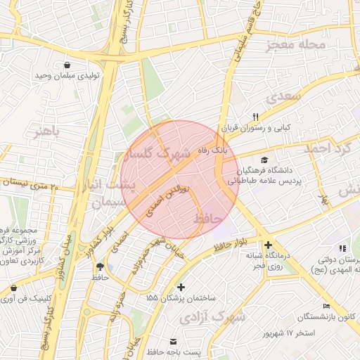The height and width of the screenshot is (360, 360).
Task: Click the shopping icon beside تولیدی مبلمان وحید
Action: pos(67,65)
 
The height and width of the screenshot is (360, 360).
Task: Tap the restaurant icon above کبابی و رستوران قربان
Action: pos(256,117)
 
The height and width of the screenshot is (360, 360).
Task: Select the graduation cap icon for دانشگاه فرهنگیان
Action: pos(264,160)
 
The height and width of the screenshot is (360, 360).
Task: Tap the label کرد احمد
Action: pos(326,148)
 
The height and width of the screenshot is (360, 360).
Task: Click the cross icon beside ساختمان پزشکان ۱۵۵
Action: pos(182,287)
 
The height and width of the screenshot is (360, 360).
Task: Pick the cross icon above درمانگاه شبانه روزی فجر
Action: pos(268,244)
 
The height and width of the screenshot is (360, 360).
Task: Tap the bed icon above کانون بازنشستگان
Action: pos(326,306)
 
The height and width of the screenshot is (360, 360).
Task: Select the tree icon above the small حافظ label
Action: pos(100,267)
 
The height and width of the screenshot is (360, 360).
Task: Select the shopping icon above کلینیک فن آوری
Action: pos(15,287)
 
